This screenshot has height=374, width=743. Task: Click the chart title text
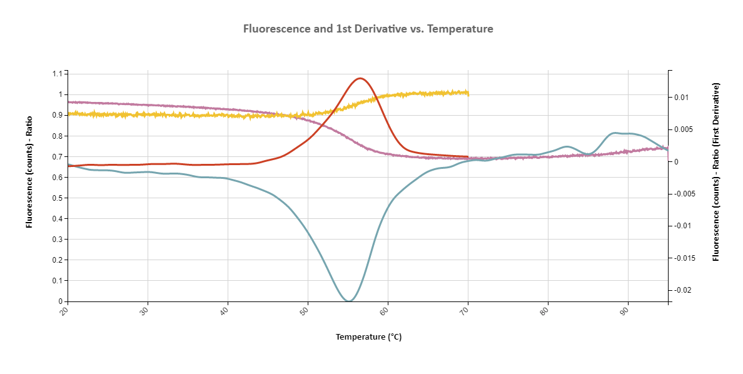coord(368,29)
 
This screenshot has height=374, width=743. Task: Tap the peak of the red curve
coord(360,78)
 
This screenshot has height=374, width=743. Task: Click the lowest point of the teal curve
coord(349,301)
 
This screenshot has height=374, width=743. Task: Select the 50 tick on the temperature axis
coord(306,311)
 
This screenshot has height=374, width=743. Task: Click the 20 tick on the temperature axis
coord(66,311)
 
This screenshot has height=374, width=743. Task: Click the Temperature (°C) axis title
coord(368,337)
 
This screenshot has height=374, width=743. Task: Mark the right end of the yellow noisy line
coord(468,93)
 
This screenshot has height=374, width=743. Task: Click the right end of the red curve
coord(468,157)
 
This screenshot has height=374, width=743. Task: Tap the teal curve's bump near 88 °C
coord(616,133)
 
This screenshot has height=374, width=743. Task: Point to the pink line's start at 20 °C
coord(69,102)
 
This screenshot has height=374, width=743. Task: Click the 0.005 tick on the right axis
coord(682,129)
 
